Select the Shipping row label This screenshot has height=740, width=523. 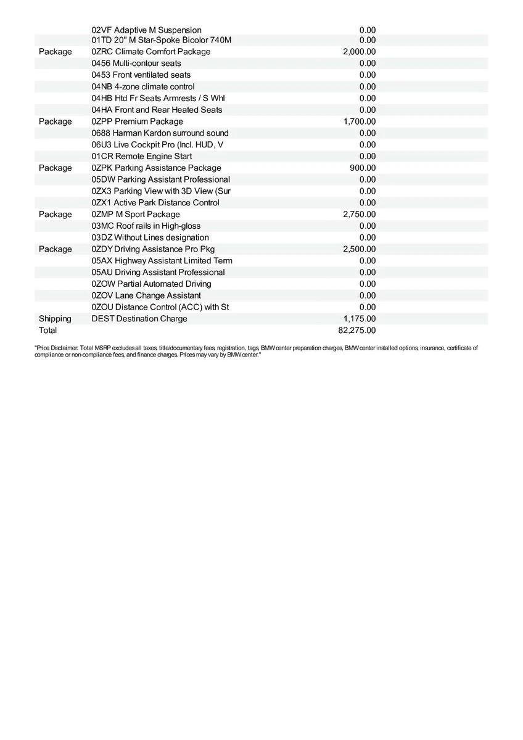click(x=55, y=319)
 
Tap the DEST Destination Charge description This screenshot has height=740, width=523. click(x=139, y=319)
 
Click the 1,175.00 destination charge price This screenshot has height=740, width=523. click(x=360, y=319)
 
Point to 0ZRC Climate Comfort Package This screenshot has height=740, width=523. click(x=150, y=52)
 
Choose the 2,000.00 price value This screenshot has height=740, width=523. click(x=359, y=52)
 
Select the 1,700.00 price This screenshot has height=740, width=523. click(x=360, y=121)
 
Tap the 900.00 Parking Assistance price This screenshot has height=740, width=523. click(x=363, y=168)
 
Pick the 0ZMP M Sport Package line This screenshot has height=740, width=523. click(x=136, y=214)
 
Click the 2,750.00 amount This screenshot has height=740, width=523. click(x=359, y=214)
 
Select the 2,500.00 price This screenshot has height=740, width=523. click(x=359, y=249)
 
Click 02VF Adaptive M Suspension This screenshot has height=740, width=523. click(x=146, y=30)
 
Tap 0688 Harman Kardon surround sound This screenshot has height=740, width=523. click(x=160, y=133)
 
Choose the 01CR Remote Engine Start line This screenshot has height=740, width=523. click(x=141, y=157)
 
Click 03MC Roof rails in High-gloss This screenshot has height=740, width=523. click(x=146, y=226)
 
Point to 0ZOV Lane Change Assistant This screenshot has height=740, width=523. click(x=146, y=295)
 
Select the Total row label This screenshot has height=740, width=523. click(x=47, y=331)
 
